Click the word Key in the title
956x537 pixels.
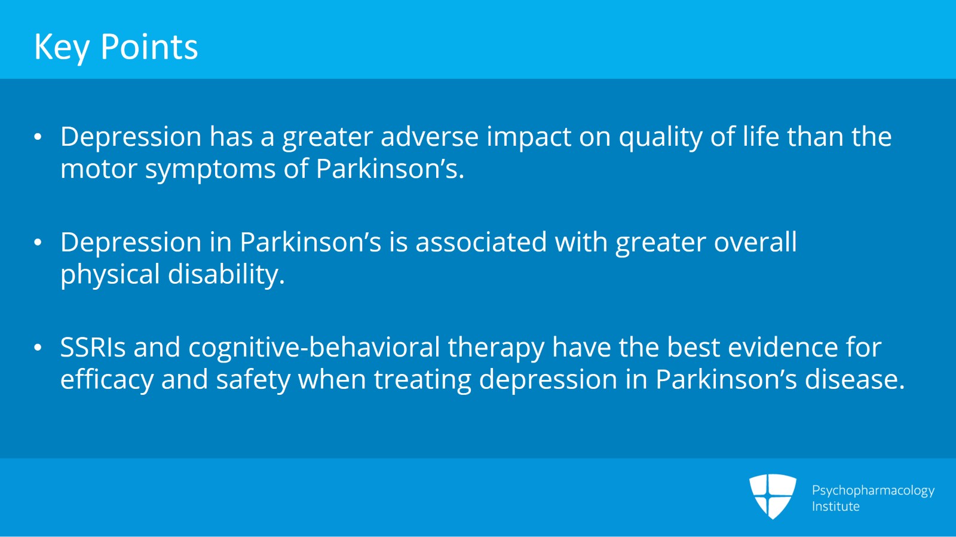tap(62, 47)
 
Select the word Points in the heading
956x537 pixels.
tap(149, 47)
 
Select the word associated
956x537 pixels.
tap(481, 243)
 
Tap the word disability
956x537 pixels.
tap(226, 274)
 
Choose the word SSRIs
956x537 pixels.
tap(93, 347)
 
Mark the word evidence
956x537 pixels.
tap(783, 347)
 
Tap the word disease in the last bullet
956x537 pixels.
tap(855, 379)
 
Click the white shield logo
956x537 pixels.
tap(773, 496)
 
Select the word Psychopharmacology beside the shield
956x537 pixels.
tap(873, 491)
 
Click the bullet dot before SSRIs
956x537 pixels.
tap(38, 348)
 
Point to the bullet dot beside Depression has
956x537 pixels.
tap(38, 137)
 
